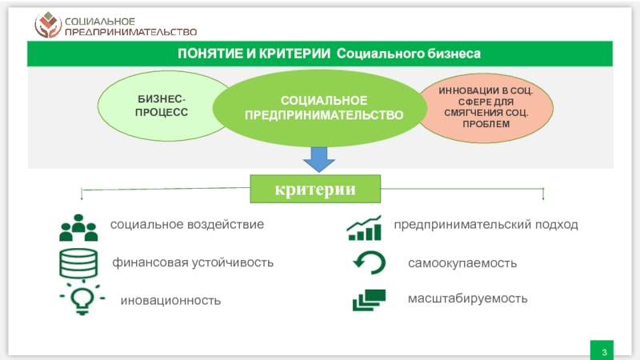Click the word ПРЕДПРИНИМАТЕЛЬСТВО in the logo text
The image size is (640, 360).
[130, 32]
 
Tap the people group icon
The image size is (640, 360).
[78, 227]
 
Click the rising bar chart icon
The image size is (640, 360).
[364, 228]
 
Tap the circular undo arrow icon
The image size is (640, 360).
[369, 262]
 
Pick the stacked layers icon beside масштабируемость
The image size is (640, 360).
[369, 300]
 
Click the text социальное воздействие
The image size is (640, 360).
[187, 225]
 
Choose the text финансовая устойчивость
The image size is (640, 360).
[193, 262]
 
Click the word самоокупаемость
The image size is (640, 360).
[462, 262]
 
